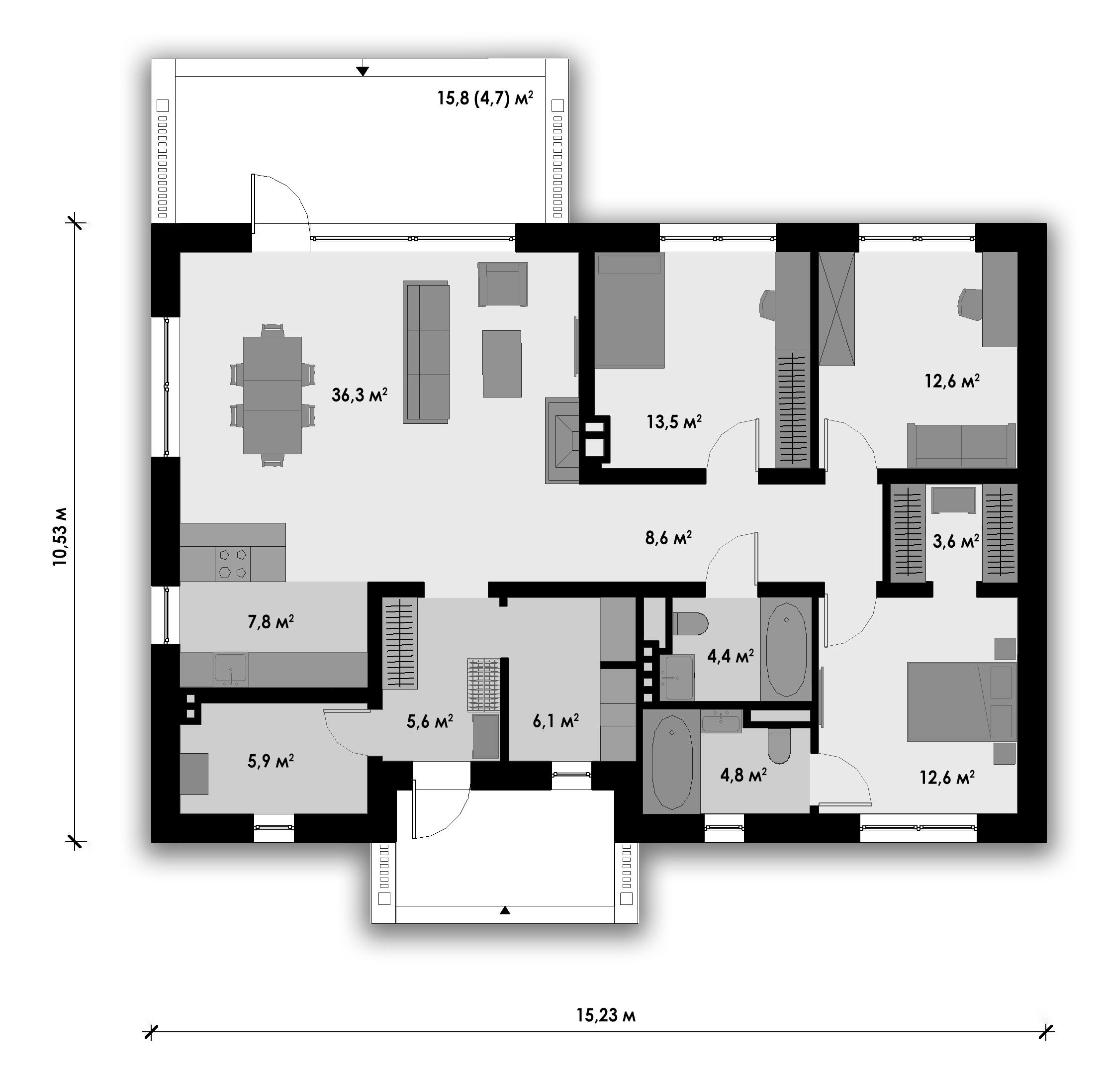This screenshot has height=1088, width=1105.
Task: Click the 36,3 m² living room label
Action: pos(359,395)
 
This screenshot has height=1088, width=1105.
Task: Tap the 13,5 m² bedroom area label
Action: pos(674,422)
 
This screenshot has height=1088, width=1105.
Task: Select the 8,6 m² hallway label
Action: pos(668,537)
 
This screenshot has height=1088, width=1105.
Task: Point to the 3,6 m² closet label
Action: pos(956,541)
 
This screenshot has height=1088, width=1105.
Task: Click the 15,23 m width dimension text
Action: pos(606,1015)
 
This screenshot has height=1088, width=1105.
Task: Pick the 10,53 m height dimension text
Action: pos(60,536)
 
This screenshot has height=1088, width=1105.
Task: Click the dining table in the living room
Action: pos(272,396)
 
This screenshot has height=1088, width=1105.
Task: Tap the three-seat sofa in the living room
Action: pos(426,352)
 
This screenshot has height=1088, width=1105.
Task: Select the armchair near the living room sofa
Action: pos(502,284)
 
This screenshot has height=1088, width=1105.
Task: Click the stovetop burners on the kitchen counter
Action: pos(233,564)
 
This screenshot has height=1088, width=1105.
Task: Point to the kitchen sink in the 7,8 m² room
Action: pos(230,669)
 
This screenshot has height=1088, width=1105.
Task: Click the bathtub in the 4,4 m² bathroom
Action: pos(786,649)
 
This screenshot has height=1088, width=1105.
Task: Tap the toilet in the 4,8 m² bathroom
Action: pos(778,745)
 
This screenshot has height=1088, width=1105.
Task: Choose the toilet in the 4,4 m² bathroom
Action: pos(690,623)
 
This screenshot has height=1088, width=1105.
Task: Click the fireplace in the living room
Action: pos(563,441)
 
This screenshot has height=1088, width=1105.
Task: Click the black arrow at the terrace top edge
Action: pos(362,71)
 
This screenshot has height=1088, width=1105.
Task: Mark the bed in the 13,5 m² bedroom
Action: pos(630,310)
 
